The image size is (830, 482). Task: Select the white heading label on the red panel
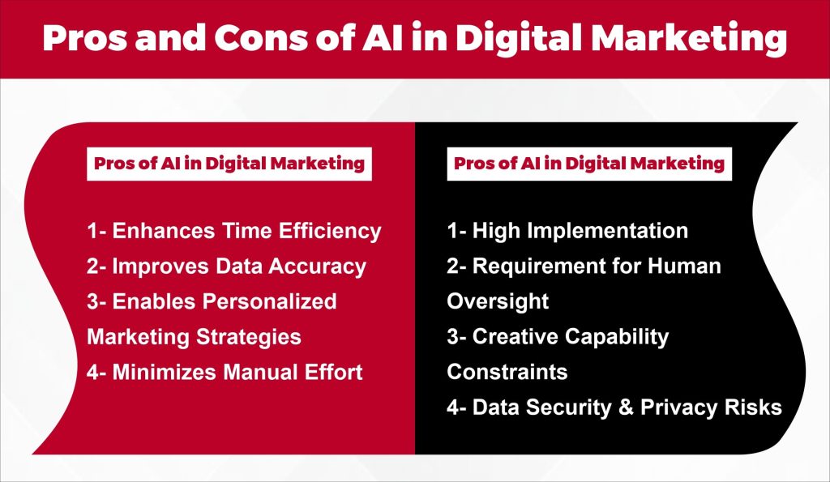pos(229,163)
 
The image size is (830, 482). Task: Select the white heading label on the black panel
pos(589,163)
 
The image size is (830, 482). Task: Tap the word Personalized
pos(270,301)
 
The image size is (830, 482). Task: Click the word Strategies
pos(248,336)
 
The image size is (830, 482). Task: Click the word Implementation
pos(609,231)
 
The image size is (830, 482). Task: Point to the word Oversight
pos(498,301)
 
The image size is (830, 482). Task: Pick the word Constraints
pos(507,372)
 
